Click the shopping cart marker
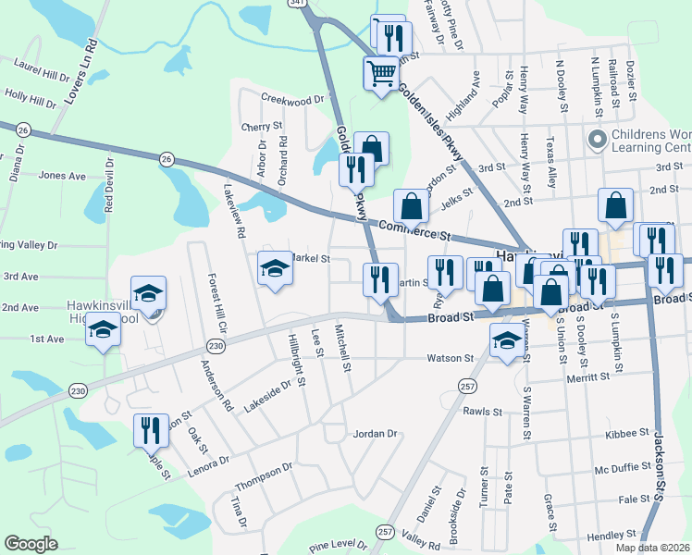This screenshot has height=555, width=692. pos(381,73)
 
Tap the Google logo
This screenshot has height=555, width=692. pos(31,544)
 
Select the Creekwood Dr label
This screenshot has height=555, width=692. pos(295,98)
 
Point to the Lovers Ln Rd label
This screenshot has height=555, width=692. pos(80,71)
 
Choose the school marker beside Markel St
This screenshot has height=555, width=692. pos(274,268)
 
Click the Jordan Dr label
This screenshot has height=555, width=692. pos(375,433)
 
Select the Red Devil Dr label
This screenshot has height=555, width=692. pos(109,184)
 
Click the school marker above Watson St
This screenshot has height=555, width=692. pos(506,342)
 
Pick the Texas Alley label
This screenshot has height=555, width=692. pos(551,164)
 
